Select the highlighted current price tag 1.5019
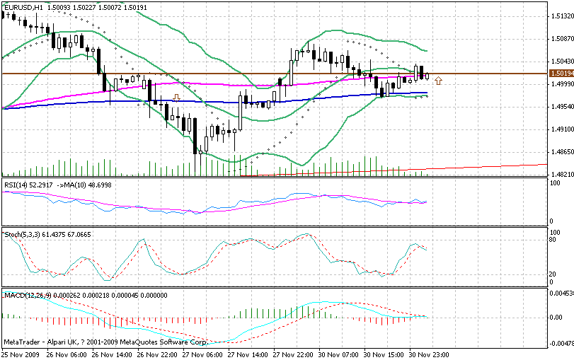click(x=561, y=74)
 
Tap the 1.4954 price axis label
click(x=561, y=107)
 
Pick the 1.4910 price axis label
click(x=561, y=129)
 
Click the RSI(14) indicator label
click(x=17, y=185)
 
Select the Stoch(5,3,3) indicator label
click(x=21, y=233)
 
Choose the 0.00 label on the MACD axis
click(x=558, y=317)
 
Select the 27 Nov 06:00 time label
click(x=201, y=354)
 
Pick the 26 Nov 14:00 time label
click(x=110, y=354)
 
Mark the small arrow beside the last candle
click(x=439, y=78)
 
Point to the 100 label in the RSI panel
click(x=556, y=184)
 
